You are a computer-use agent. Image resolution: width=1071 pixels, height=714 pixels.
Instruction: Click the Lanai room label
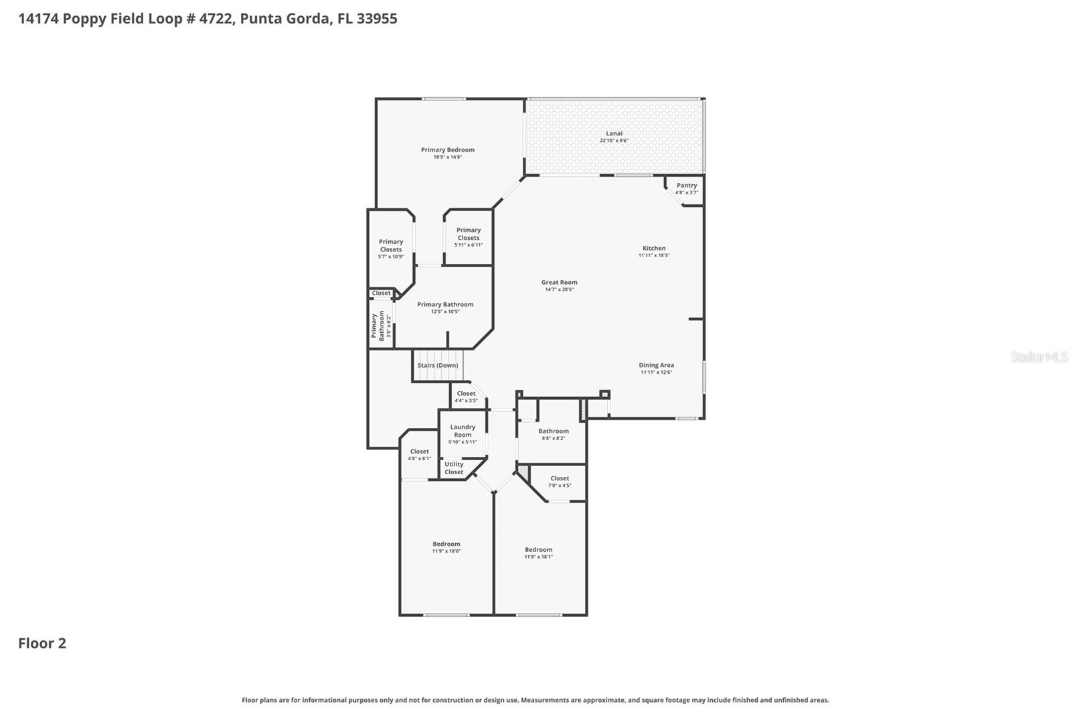[x=614, y=134]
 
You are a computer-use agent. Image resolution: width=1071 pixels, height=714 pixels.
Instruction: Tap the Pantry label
[x=686, y=186]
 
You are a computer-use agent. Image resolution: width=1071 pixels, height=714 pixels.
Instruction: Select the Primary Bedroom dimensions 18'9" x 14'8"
[x=447, y=157]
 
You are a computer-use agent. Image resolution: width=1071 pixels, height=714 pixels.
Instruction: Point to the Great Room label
[x=559, y=283]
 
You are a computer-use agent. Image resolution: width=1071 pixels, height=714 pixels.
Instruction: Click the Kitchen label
[x=654, y=248]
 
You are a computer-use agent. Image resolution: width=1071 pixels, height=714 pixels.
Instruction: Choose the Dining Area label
[x=656, y=366]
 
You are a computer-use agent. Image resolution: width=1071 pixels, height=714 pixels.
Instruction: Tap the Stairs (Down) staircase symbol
[x=438, y=366]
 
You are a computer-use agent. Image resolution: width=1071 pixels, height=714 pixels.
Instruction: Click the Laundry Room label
[x=463, y=431]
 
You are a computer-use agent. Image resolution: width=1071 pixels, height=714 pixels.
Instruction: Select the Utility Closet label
[x=454, y=468]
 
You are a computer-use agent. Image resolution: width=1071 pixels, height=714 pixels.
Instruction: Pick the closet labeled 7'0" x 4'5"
[x=560, y=482]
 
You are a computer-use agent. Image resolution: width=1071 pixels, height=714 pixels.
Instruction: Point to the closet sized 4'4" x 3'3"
[x=466, y=397]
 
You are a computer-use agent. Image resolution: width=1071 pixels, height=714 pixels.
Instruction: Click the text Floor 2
[x=42, y=644]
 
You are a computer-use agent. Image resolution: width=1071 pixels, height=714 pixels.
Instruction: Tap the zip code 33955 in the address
[x=377, y=19]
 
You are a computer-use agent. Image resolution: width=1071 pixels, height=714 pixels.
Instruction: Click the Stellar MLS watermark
[x=1039, y=357]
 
